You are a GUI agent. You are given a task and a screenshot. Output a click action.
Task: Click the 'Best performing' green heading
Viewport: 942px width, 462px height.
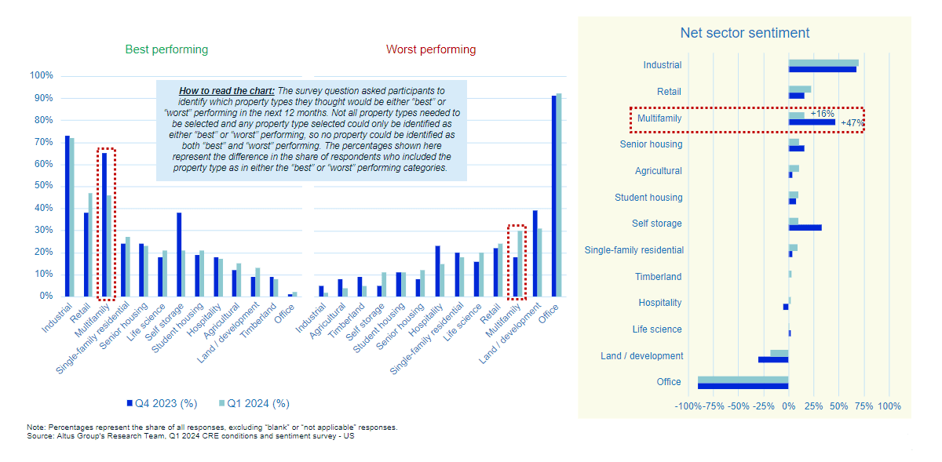166,49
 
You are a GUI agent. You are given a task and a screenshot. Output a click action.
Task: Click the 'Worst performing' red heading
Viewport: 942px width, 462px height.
430,49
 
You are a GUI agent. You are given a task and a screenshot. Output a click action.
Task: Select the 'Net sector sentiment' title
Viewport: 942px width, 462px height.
744,33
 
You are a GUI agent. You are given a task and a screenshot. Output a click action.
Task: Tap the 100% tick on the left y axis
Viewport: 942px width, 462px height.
41,76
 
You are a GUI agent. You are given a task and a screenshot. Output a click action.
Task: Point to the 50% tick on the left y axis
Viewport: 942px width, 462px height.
41,186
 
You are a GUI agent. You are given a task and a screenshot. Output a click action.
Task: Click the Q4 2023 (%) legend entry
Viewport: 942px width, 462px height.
161,403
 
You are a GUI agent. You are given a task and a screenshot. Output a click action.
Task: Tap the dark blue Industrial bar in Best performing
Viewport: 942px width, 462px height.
67,216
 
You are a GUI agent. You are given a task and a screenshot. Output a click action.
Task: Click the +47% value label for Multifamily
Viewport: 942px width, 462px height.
851,123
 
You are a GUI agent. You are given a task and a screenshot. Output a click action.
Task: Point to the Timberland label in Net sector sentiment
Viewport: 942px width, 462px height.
658,277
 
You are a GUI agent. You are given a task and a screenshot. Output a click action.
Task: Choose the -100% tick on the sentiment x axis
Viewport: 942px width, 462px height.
688,406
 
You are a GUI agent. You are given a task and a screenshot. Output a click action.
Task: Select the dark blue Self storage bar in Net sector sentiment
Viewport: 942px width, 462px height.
805,227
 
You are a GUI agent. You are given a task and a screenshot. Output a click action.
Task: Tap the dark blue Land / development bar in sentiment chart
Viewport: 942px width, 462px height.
772,359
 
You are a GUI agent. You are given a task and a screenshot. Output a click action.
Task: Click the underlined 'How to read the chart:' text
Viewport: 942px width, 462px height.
227,91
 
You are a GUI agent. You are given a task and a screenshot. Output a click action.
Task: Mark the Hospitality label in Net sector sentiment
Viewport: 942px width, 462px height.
659,303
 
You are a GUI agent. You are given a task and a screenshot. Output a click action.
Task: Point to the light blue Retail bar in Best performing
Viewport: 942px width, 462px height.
89,245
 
